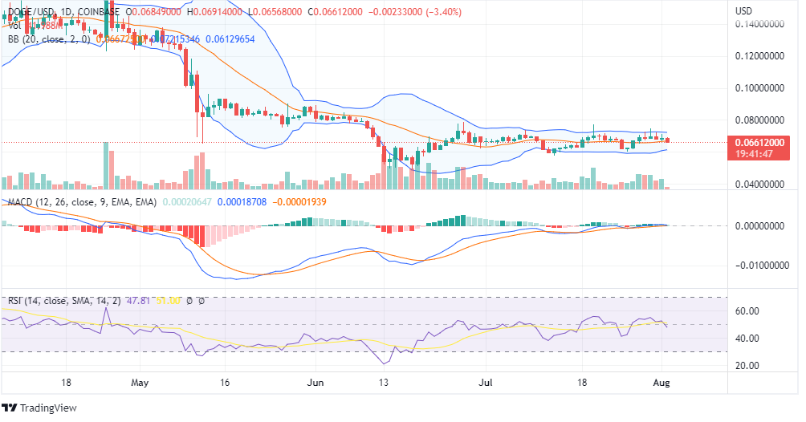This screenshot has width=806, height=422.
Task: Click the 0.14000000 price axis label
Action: tap(759, 25)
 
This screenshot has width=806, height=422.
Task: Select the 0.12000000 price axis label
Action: tap(759, 57)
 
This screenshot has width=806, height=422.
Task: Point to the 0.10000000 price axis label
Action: tap(759, 88)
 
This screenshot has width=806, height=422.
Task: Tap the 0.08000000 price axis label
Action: tap(759, 120)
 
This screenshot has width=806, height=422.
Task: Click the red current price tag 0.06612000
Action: tap(759, 142)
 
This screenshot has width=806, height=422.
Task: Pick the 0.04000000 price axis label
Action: tap(759, 185)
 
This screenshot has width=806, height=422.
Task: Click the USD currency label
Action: tap(744, 10)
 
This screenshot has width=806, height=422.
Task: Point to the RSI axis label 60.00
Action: tap(747, 311)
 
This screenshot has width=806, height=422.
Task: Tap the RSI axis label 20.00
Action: tap(747, 366)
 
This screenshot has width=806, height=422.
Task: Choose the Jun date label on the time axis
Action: tap(315, 383)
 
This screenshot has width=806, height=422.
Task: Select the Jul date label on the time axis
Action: tap(485, 383)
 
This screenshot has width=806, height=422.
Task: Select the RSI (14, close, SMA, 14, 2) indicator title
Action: tap(62, 302)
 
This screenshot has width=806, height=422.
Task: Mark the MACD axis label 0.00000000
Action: tap(759, 226)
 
